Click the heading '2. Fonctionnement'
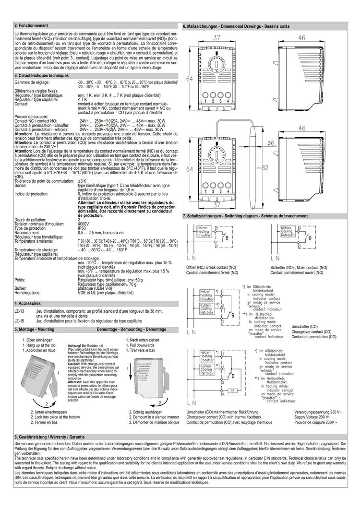(x=30, y=25)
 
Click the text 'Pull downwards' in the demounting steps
(x=142, y=345)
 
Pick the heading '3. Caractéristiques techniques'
(x=42, y=76)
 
